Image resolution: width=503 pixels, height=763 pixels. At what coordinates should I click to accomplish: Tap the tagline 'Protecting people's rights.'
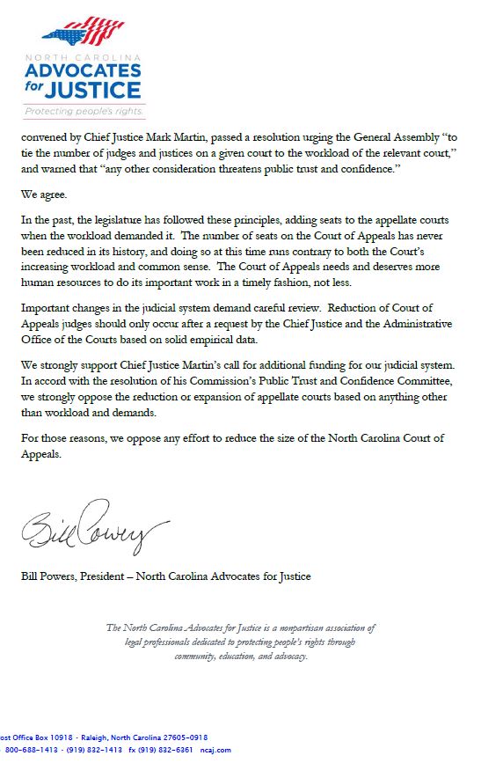84,112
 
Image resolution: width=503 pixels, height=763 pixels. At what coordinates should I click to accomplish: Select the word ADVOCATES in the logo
84,70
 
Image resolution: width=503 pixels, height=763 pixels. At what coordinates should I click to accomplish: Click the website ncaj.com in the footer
218,750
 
